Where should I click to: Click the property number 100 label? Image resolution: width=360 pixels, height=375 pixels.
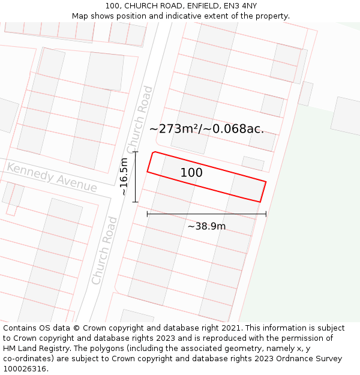191,173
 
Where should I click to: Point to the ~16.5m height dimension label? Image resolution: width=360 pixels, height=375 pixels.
124,176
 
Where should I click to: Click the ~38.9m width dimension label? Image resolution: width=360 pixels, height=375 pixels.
206,226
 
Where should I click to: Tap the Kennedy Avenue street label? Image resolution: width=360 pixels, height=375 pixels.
52,177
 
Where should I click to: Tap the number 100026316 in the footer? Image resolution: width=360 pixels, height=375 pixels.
25,368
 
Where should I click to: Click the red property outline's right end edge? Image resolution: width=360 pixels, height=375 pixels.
263,191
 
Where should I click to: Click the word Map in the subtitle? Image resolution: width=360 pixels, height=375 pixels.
80,16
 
